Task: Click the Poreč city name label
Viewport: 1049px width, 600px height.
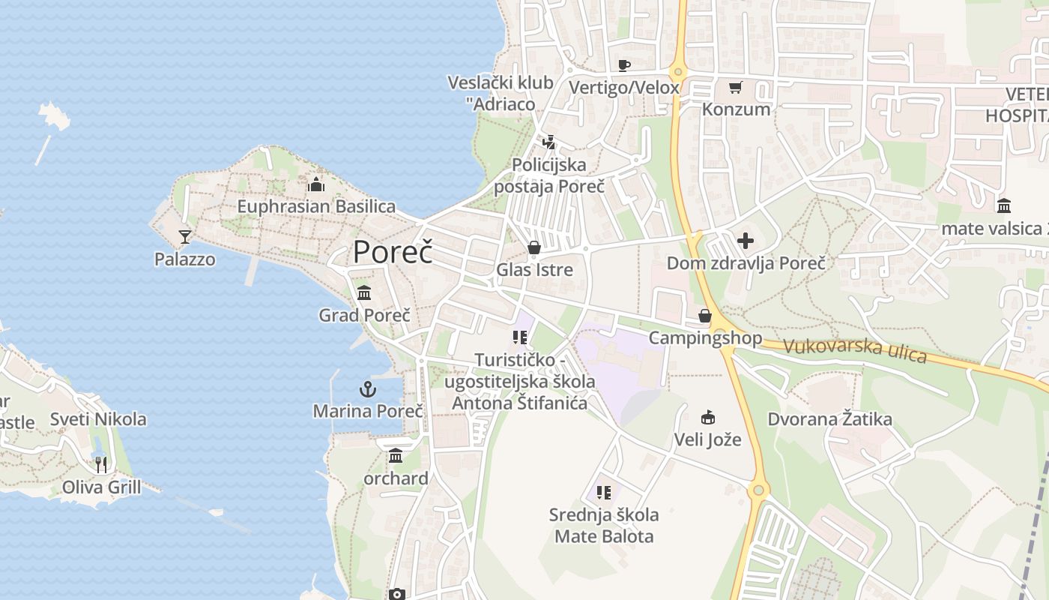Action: tap(393, 252)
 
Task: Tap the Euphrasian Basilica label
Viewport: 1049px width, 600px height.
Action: tap(316, 206)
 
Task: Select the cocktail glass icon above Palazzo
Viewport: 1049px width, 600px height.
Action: tap(185, 237)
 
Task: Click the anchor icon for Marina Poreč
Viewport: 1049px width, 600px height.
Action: tap(367, 389)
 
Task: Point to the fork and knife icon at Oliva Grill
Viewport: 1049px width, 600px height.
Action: tap(101, 465)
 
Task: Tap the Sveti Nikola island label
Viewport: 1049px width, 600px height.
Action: tap(98, 419)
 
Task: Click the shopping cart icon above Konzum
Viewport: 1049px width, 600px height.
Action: tap(735, 88)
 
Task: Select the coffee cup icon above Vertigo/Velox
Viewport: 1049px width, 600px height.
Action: tap(624, 65)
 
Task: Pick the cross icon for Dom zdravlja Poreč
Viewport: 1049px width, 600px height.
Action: tap(746, 241)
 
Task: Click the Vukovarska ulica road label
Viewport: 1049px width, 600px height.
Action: tap(855, 350)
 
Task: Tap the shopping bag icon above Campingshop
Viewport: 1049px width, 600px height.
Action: tap(705, 316)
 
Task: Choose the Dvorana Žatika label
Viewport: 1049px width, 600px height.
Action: tap(829, 419)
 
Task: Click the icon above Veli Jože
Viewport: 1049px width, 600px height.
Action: tap(707, 417)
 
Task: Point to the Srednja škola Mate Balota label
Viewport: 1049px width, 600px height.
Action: tap(604, 526)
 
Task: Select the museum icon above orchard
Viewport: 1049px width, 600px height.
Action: tap(396, 455)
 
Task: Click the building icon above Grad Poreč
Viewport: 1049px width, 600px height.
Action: tap(364, 292)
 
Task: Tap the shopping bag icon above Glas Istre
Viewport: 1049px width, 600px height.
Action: tap(534, 247)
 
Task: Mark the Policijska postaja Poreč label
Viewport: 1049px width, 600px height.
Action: tap(550, 175)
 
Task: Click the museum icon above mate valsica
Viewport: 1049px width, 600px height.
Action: tap(1004, 205)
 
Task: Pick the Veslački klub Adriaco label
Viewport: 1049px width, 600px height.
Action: tap(501, 93)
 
